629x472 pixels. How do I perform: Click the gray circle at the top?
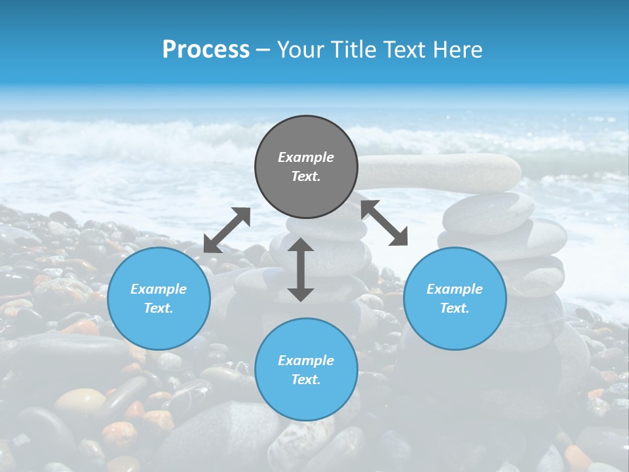306,167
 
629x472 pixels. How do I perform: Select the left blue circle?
159,298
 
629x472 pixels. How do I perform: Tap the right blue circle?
455,298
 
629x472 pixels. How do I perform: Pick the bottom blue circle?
306,370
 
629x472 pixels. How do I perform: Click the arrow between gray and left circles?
227,230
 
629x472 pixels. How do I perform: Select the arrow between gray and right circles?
385,223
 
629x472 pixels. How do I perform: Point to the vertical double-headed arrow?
301,269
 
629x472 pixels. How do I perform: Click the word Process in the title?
206,50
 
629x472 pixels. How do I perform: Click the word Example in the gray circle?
306,157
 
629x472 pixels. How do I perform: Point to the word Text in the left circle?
159,308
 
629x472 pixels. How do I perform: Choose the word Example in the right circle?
455,289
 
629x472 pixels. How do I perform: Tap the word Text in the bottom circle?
306,380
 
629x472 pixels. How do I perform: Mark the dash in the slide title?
263,50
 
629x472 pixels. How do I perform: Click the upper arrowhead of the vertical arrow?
301,245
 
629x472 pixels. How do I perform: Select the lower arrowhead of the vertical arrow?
301,294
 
